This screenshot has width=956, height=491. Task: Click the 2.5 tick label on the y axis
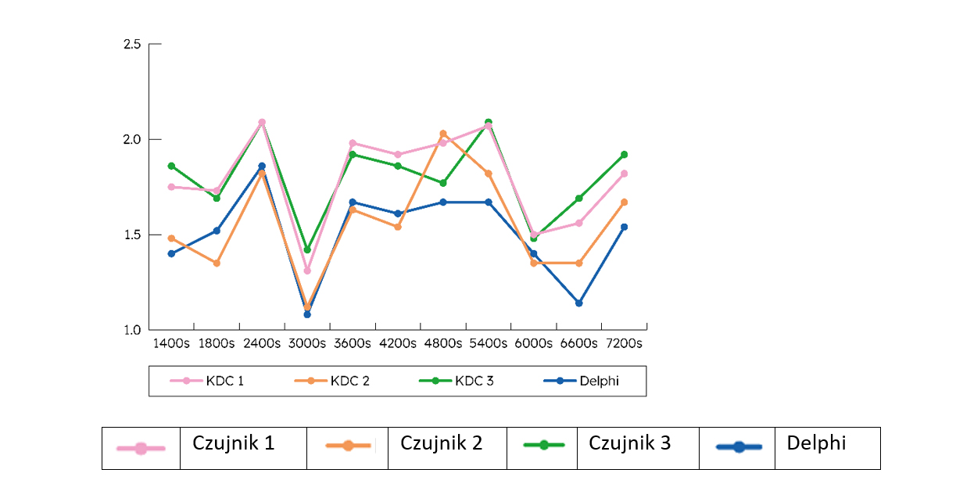click(132, 45)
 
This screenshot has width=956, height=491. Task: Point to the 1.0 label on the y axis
click(132, 329)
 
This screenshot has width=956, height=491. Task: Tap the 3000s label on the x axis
click(306, 343)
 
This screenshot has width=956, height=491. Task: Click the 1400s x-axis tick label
click(170, 343)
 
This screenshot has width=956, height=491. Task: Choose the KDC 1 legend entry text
click(225, 382)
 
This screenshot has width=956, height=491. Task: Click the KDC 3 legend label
click(474, 382)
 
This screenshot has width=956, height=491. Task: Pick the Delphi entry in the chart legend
click(599, 382)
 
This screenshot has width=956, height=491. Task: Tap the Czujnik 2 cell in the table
click(441, 443)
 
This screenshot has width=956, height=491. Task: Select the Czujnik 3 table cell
click(629, 443)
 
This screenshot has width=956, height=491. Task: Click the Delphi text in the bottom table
click(816, 443)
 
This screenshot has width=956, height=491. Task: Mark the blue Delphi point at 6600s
click(579, 303)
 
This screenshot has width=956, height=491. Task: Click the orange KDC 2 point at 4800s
click(443, 134)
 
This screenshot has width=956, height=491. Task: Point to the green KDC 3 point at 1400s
click(171, 166)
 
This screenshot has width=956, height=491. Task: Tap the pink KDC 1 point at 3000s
click(307, 271)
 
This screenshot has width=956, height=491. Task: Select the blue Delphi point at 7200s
click(624, 227)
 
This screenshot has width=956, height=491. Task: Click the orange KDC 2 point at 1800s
click(217, 263)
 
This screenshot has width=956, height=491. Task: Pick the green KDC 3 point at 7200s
click(624, 154)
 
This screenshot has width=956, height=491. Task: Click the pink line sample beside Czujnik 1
click(141, 448)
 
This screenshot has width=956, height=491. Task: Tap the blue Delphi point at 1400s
click(171, 253)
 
